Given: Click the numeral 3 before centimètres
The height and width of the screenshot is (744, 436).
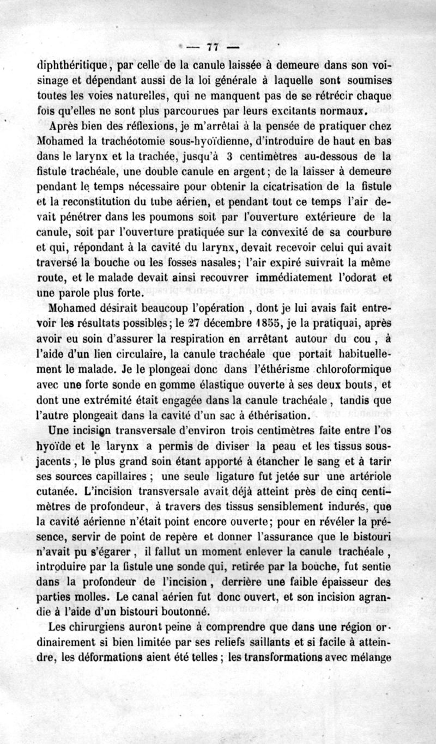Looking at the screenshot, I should [x=230, y=157].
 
